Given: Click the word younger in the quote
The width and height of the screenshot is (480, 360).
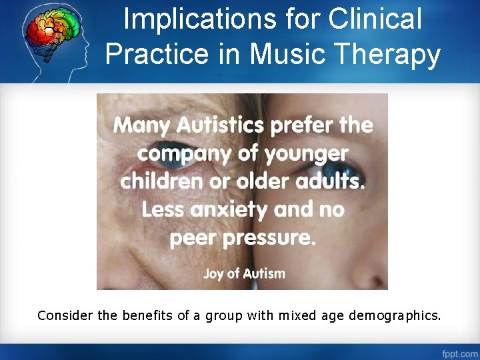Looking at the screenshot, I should coord(306,154).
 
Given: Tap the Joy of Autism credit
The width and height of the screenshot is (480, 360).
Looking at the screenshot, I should coord(244,273).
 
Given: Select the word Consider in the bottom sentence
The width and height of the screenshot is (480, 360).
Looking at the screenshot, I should coord(66,315).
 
